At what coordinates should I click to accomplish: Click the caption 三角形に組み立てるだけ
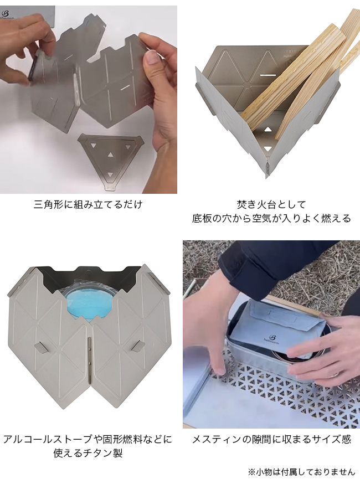pyautogui.click(x=88, y=204)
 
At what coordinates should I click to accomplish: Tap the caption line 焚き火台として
pyautogui.click(x=271, y=204)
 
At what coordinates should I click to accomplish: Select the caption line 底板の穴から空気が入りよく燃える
pyautogui.click(x=271, y=218)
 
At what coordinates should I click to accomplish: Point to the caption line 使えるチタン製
pyautogui.click(x=88, y=453)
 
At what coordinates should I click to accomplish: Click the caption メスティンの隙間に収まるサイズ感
pyautogui.click(x=271, y=439)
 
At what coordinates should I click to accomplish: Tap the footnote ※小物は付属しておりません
pyautogui.click(x=301, y=472)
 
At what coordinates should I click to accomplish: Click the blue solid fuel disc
pyautogui.click(x=89, y=305)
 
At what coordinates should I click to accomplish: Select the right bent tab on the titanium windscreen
pyautogui.click(x=138, y=346)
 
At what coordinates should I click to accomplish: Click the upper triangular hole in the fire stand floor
pyautogui.click(x=268, y=129)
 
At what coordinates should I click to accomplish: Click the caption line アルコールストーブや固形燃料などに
pyautogui.click(x=88, y=439)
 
